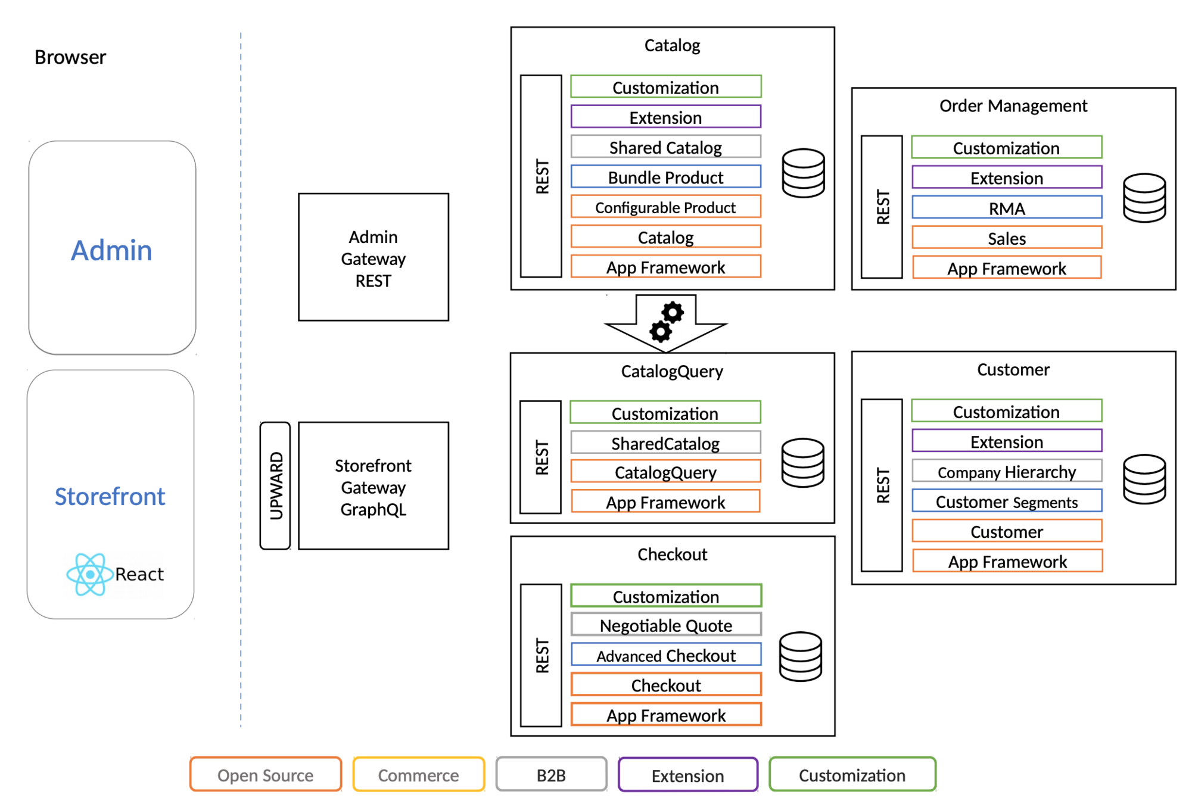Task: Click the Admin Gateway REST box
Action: point(373,257)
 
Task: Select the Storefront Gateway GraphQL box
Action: point(373,486)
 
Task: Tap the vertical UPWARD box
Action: point(275,486)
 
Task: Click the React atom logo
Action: point(89,574)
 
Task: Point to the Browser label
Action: point(70,57)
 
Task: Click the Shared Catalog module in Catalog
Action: point(665,147)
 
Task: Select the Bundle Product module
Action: point(665,177)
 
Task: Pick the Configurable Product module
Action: point(665,207)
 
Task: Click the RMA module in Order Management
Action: point(1007,208)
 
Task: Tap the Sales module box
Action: point(1007,238)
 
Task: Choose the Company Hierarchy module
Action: point(1007,471)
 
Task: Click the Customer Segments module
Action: point(1007,501)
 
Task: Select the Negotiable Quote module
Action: point(666,625)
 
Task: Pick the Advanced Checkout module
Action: point(666,655)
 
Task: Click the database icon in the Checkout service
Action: point(801,656)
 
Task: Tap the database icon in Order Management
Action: point(1144,198)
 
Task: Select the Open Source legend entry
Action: point(266,775)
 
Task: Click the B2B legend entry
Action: point(551,775)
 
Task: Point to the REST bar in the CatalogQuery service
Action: point(541,457)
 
